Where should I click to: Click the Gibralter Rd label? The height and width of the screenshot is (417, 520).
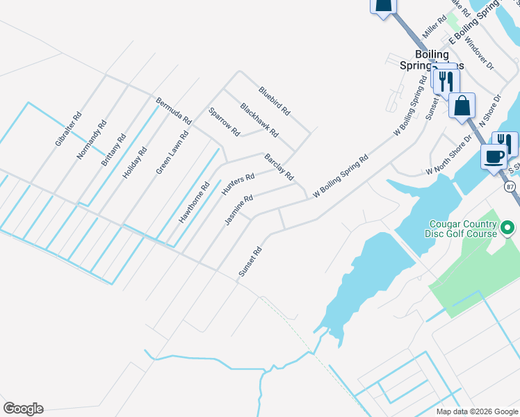coord(68,129)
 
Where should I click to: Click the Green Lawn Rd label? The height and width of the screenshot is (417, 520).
coord(172,152)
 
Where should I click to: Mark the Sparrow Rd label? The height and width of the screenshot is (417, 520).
coord(224,122)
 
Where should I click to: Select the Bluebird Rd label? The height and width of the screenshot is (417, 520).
coord(274,100)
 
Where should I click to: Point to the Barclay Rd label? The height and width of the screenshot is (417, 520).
coord(279,167)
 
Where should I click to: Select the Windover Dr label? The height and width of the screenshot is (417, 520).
coord(479,53)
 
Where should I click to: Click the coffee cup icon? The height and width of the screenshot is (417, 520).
coord(494,156)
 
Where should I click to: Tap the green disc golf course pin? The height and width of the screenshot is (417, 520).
coord(508,227)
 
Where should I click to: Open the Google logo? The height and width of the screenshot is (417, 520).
coord(23,409)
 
